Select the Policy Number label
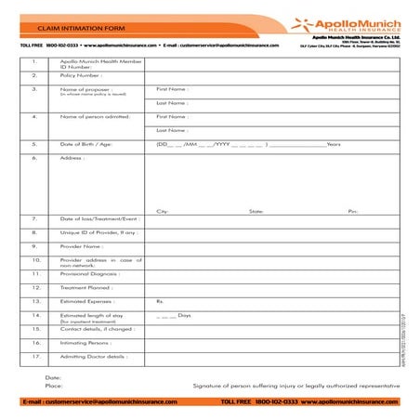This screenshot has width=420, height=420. click(80, 75)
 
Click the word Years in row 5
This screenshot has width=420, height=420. click(335, 145)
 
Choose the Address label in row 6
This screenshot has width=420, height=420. click(72, 158)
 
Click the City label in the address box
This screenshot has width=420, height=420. click(163, 211)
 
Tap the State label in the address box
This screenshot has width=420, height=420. click(256, 211)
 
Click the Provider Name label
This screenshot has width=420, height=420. click(81, 246)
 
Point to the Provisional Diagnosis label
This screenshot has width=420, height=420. click(89, 274)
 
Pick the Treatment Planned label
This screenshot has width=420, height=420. click(86, 288)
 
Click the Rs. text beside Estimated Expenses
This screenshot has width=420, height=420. click(160, 302)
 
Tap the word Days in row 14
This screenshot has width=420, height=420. click(184, 315)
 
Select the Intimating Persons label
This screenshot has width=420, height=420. click(86, 343)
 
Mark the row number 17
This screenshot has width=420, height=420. click(34, 357)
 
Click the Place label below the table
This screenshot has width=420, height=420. click(54, 385)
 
